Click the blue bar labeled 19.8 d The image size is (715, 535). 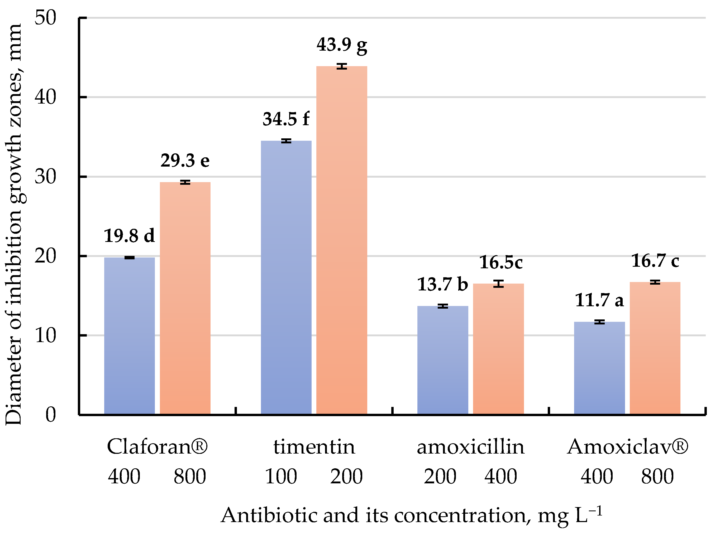pyautogui.click(x=129, y=336)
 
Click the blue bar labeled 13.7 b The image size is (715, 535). pyautogui.click(x=442, y=360)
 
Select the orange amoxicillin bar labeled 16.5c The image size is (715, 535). pyautogui.click(x=498, y=349)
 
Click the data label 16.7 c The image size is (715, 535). pyautogui.click(x=655, y=261)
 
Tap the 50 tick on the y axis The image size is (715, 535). pyautogui.click(x=45, y=17)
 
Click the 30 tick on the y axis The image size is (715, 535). pyautogui.click(x=45, y=177)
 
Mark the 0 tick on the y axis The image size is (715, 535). pyautogui.click(x=50, y=415)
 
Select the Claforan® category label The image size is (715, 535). pyautogui.click(x=157, y=447)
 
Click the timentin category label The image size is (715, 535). pyautogui.click(x=314, y=447)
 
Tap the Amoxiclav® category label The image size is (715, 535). pyautogui.click(x=627, y=447)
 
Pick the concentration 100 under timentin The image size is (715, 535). pyautogui.click(x=281, y=476)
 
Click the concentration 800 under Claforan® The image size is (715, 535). pyautogui.click(x=190, y=476)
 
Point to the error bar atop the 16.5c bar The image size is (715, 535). pyautogui.click(x=498, y=284)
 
